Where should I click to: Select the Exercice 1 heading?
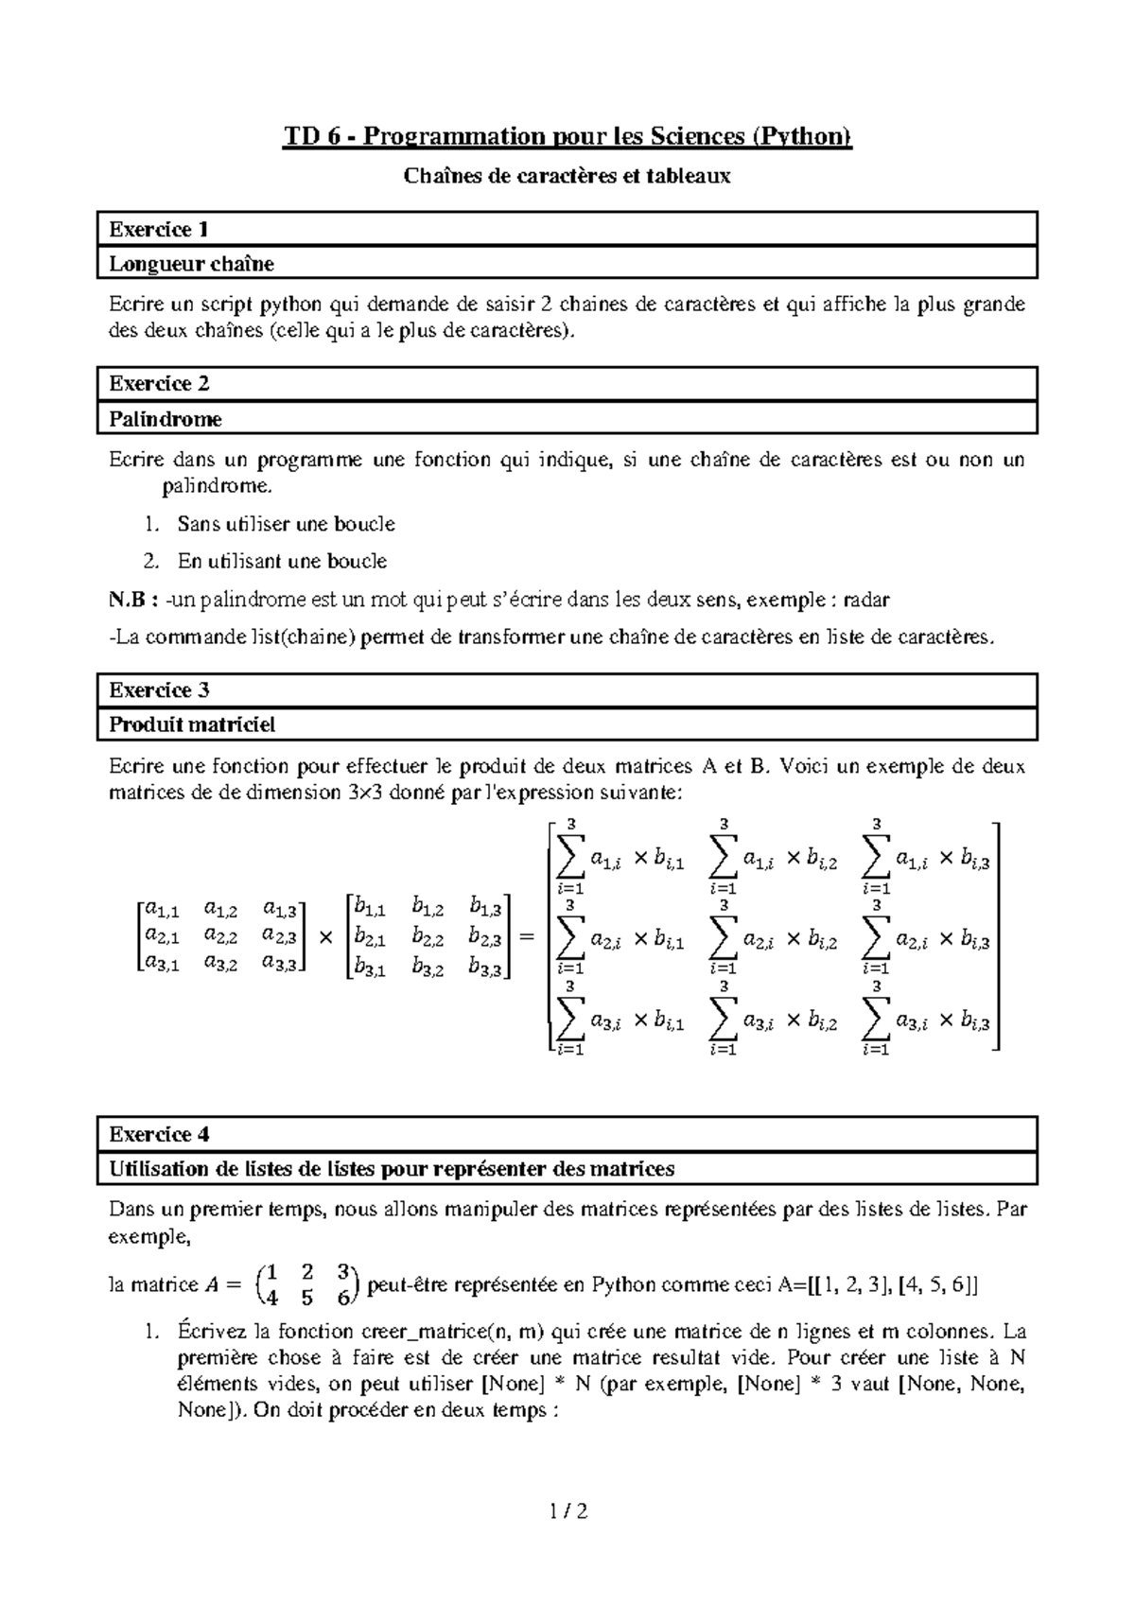point(159,229)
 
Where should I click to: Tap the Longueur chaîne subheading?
point(192,264)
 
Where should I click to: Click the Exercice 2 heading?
point(159,383)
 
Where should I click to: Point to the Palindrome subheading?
point(166,418)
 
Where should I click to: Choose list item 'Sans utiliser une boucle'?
point(286,524)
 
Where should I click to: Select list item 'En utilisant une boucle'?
point(282,561)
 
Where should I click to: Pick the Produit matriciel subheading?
point(192,725)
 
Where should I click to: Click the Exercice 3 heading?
point(159,690)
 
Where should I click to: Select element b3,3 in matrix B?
point(485,968)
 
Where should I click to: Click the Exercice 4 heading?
point(159,1134)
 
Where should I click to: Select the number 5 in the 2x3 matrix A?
point(306,1299)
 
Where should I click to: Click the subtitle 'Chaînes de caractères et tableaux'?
point(567,176)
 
